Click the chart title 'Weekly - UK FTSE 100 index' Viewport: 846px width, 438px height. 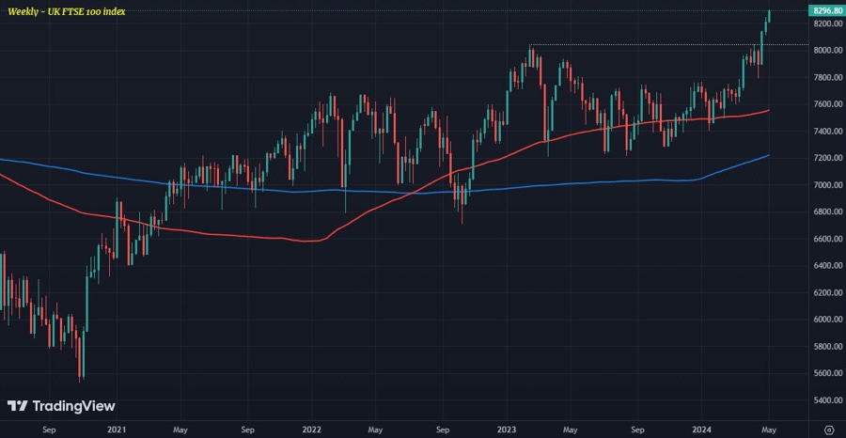(66, 11)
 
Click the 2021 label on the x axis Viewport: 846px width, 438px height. (117, 430)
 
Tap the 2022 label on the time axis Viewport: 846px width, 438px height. (313, 430)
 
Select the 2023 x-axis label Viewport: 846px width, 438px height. (507, 430)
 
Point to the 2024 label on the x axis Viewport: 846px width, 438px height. (702, 430)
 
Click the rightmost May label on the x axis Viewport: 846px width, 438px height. (768, 430)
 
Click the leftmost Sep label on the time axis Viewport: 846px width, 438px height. (51, 430)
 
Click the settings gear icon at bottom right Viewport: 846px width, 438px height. (828, 429)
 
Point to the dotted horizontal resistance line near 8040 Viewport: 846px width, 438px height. (658, 44)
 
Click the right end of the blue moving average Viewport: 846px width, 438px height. (770, 155)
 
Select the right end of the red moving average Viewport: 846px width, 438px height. (770, 110)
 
